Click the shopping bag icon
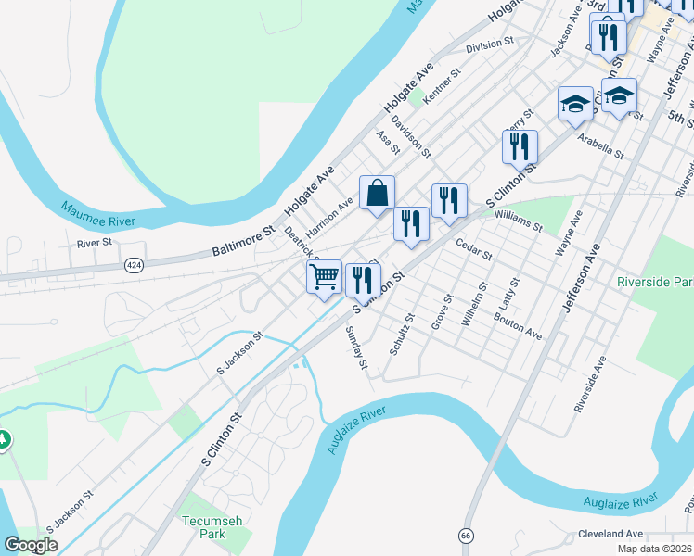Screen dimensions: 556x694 click(377, 194)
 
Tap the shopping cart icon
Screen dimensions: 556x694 click(324, 277)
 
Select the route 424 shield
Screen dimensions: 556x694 click(135, 265)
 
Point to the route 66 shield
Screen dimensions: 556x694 click(465, 536)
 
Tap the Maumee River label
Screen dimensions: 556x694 click(97, 214)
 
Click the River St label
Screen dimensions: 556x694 click(95, 243)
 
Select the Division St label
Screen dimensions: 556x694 click(490, 44)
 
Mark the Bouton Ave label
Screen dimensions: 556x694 click(518, 325)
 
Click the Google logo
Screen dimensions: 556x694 click(31, 545)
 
